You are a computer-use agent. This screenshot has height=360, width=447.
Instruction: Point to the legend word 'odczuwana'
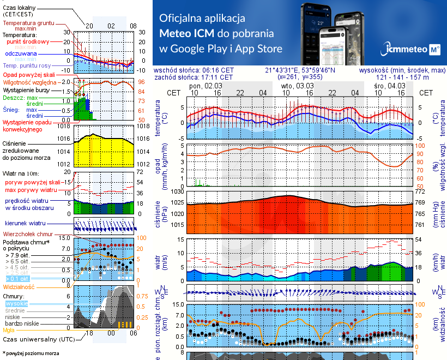(21, 54)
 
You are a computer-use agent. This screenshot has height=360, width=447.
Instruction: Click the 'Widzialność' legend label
(19, 286)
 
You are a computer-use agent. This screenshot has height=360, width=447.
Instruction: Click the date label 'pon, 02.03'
(206, 86)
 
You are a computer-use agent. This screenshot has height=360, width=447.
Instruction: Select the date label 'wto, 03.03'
(298, 86)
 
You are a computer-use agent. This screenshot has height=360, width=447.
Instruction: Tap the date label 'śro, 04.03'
(389, 86)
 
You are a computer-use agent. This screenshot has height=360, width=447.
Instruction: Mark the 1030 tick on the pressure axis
(178, 192)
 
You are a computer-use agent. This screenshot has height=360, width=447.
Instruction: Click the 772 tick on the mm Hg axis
(421, 192)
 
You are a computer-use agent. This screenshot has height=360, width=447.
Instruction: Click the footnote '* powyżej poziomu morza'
(31, 353)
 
